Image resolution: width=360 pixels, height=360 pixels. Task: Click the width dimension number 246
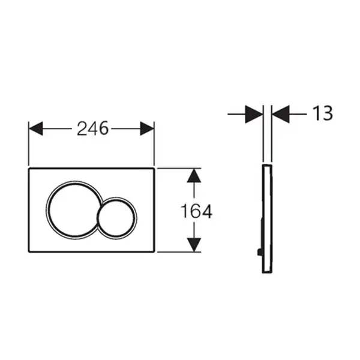tap(92, 128)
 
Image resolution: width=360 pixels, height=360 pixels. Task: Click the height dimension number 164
tap(197, 211)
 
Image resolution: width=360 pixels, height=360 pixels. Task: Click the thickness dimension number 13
tap(323, 113)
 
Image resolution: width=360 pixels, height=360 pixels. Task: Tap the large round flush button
tap(74, 210)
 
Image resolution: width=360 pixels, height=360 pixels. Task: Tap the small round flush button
tap(117, 217)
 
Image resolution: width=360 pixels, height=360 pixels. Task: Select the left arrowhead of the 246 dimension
tap(35, 128)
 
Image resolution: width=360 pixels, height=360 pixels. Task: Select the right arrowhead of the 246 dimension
tap(147, 128)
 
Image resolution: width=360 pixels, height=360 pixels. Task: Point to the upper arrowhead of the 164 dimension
tap(194, 176)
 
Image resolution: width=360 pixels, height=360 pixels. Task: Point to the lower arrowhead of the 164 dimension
tap(194, 245)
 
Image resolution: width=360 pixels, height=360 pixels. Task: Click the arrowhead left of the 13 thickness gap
tap(254, 114)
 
